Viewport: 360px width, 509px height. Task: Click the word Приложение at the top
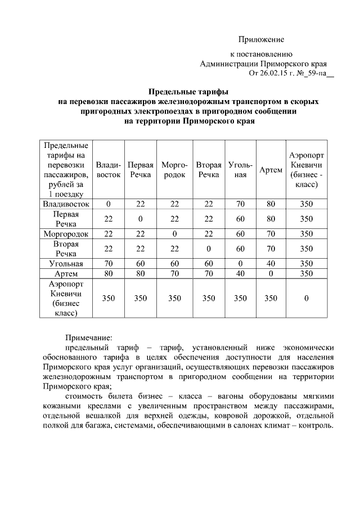pos(261,39)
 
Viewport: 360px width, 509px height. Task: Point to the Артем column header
pos(271,170)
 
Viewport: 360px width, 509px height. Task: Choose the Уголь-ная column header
pos(240,170)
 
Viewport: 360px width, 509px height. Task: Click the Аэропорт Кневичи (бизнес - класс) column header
pos(306,169)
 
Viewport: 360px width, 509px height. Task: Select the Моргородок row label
pos(67,233)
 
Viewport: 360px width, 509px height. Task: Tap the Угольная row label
pos(67,263)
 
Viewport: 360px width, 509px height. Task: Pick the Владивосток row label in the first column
pos(67,204)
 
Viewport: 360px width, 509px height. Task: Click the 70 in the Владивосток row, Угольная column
pos(240,204)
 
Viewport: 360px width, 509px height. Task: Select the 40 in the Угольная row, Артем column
pos(271,263)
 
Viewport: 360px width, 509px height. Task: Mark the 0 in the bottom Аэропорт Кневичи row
pos(306,298)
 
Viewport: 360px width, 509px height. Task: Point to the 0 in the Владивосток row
pos(109,204)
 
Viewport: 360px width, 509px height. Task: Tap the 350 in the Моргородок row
pos(306,233)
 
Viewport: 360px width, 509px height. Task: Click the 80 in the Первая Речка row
pos(271,218)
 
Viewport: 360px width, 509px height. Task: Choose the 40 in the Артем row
pos(240,273)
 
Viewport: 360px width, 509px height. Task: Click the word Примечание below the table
pos(89,338)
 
